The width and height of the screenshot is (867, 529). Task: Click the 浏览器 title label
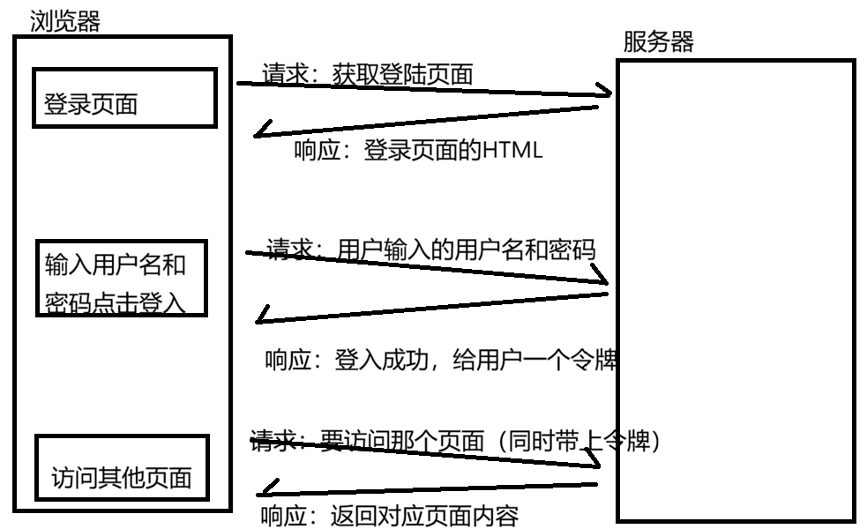(x=65, y=21)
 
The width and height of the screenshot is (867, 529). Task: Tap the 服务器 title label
(x=658, y=42)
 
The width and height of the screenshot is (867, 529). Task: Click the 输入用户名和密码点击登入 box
(x=122, y=278)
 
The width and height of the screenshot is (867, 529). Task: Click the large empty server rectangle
(x=735, y=291)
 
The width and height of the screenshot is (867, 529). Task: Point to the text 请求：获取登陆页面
(x=368, y=75)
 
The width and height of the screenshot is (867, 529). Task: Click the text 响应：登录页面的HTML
(x=417, y=151)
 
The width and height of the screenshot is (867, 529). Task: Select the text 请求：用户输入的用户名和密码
(x=431, y=250)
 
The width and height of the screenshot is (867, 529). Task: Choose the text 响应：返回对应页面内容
(x=390, y=515)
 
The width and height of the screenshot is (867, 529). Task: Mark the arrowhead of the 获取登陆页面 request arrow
(x=607, y=93)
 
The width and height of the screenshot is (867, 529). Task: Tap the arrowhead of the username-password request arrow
(x=606, y=281)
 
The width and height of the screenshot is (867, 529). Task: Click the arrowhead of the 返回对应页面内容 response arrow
(x=265, y=488)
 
